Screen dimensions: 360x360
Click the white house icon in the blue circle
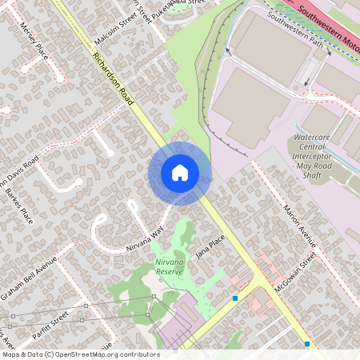180,173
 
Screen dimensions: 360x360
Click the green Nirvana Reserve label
169,267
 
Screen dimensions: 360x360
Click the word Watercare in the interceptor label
311,138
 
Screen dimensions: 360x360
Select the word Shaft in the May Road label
311,174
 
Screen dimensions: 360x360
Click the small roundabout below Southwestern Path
309,96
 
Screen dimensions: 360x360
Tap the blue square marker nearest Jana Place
235,298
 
